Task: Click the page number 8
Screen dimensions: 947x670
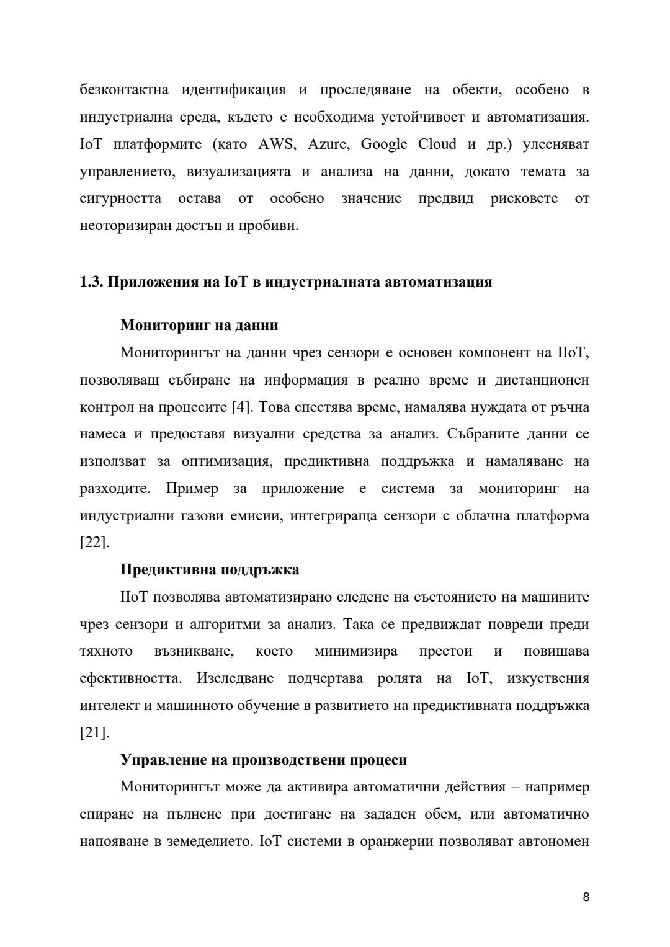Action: pyautogui.click(x=586, y=897)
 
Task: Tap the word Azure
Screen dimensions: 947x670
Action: pyautogui.click(x=327, y=144)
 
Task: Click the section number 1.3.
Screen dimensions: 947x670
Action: pyautogui.click(x=91, y=282)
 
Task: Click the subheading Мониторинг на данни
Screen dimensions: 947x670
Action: pyautogui.click(x=199, y=325)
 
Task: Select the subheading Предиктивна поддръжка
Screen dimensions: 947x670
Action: pyautogui.click(x=210, y=569)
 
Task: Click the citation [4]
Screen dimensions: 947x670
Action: pyautogui.click(x=241, y=407)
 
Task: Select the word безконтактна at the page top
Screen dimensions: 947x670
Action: pyautogui.click(x=124, y=90)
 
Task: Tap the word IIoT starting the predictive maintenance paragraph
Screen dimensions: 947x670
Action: pyautogui.click(x=134, y=597)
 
